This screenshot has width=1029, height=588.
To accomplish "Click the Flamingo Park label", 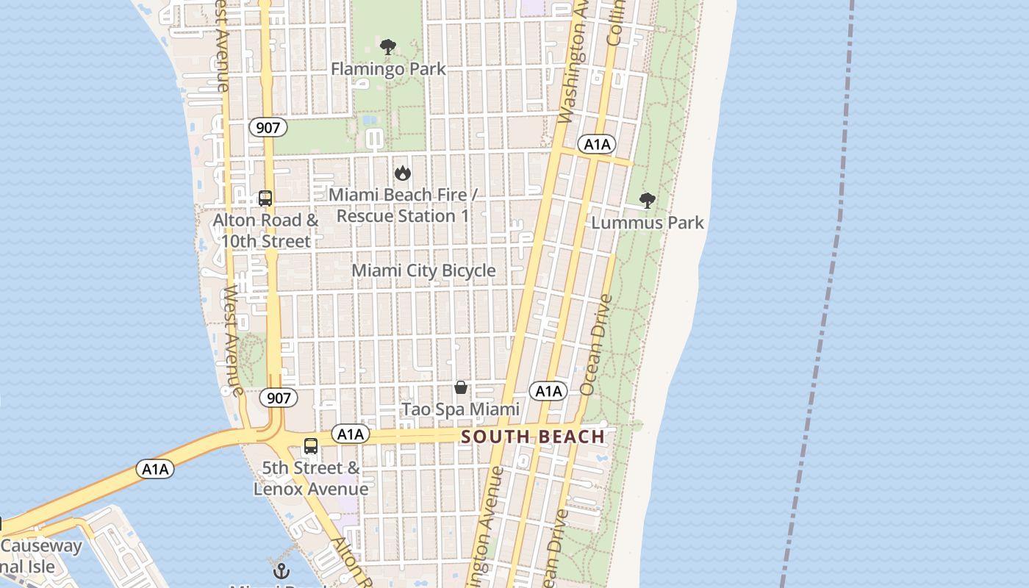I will pyautogui.click(x=388, y=69).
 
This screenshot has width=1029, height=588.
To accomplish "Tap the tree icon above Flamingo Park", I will pyautogui.click(x=388, y=48).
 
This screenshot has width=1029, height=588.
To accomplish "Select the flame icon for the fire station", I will pyautogui.click(x=402, y=173).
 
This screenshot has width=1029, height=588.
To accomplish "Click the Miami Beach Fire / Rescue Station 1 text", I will pyautogui.click(x=402, y=205).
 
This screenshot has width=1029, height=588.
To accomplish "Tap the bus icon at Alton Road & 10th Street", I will pyautogui.click(x=265, y=198).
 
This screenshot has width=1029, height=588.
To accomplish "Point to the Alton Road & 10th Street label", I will pyautogui.click(x=265, y=230).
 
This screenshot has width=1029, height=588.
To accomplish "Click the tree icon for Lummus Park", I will pyautogui.click(x=647, y=201).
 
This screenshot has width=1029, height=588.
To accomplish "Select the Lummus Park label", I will pyautogui.click(x=647, y=223).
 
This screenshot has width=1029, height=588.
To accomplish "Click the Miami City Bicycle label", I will pyautogui.click(x=423, y=270).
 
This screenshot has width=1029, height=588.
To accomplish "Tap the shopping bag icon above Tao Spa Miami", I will pyautogui.click(x=461, y=387).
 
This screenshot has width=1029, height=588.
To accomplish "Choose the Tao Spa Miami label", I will pyautogui.click(x=460, y=409).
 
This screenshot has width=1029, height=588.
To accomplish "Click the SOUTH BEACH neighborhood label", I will pyautogui.click(x=533, y=437).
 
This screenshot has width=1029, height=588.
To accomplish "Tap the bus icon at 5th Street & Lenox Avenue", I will pyautogui.click(x=311, y=446).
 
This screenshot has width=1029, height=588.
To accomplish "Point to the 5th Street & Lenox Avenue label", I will pyautogui.click(x=311, y=478).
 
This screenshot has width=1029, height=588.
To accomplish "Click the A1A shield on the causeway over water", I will pyautogui.click(x=155, y=469).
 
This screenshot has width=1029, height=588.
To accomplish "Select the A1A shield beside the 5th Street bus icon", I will pyautogui.click(x=350, y=434).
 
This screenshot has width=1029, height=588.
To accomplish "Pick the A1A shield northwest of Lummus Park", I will pyautogui.click(x=596, y=144).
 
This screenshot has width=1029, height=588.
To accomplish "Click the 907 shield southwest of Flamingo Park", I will pyautogui.click(x=268, y=127).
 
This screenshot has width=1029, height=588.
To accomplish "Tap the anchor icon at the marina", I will pyautogui.click(x=281, y=570).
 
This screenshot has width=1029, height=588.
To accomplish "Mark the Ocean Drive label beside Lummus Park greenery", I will pyautogui.click(x=595, y=344).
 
